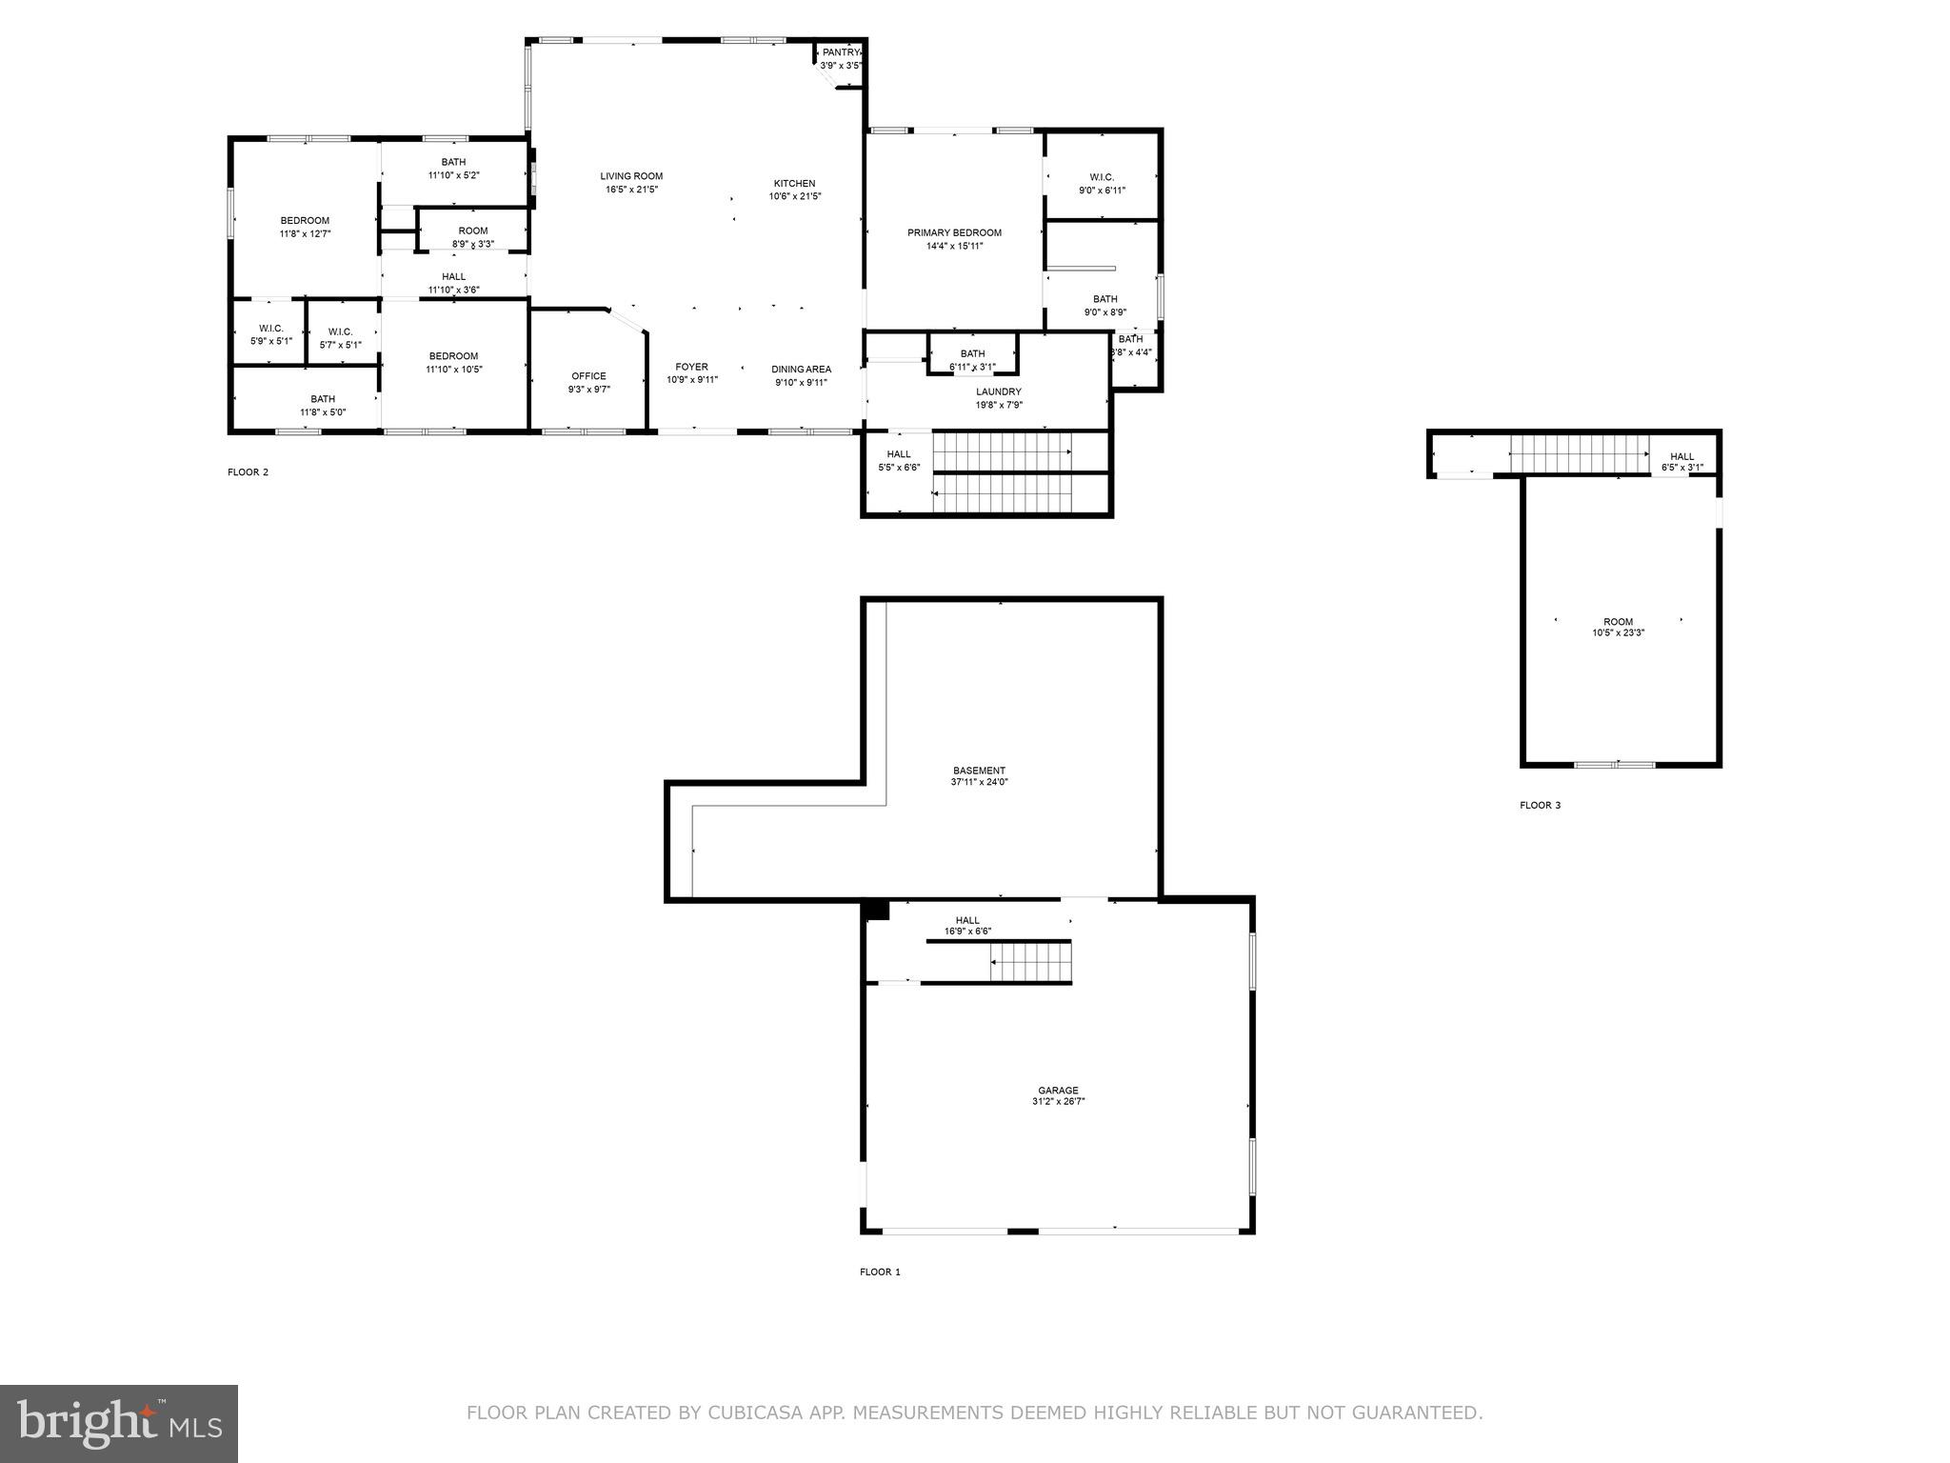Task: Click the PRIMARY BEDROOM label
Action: click(954, 232)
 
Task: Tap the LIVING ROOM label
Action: click(631, 176)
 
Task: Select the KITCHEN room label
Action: click(794, 184)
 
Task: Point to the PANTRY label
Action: click(842, 52)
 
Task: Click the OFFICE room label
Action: click(588, 376)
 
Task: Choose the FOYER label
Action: click(692, 367)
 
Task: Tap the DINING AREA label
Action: click(801, 370)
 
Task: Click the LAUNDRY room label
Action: click(999, 391)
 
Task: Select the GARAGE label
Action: click(1058, 1091)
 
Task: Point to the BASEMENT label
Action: click(979, 771)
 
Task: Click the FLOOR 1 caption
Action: click(880, 1272)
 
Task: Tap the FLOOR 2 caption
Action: click(248, 472)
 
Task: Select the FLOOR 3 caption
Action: click(1540, 806)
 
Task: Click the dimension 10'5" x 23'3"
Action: click(1618, 632)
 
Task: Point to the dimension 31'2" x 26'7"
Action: click(1058, 1101)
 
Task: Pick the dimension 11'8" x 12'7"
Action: click(305, 233)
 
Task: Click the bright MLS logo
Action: click(119, 1424)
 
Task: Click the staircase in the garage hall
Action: click(1031, 962)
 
